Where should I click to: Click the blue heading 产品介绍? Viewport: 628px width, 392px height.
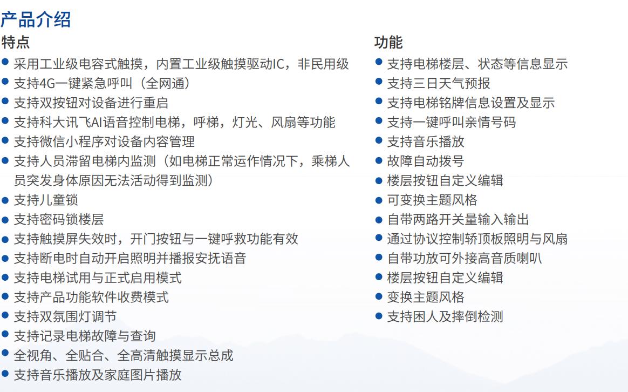click(36, 19)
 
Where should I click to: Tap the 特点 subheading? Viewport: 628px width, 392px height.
click(15, 42)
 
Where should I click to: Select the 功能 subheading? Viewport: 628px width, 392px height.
click(388, 42)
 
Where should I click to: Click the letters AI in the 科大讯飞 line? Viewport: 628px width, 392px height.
click(97, 122)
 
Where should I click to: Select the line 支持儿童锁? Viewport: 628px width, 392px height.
click(46, 200)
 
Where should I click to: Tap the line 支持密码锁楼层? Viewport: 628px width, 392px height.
click(59, 219)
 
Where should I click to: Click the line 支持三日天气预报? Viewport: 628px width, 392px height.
click(439, 83)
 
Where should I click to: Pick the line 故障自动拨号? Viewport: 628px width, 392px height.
click(426, 161)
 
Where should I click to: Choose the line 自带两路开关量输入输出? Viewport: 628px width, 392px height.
click(458, 219)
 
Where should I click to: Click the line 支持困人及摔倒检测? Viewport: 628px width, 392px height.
click(445, 316)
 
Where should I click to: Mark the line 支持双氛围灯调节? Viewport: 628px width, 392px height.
click(65, 316)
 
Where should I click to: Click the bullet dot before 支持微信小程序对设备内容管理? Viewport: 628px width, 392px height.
click(5, 140)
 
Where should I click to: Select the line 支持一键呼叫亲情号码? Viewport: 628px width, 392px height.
click(452, 122)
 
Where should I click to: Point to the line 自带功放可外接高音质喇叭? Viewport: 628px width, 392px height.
click(465, 258)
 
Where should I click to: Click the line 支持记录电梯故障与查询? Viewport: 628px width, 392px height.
click(85, 336)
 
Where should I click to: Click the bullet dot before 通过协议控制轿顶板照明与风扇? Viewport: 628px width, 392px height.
click(379, 238)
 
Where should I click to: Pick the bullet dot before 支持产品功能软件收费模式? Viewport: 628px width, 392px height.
click(5, 296)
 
